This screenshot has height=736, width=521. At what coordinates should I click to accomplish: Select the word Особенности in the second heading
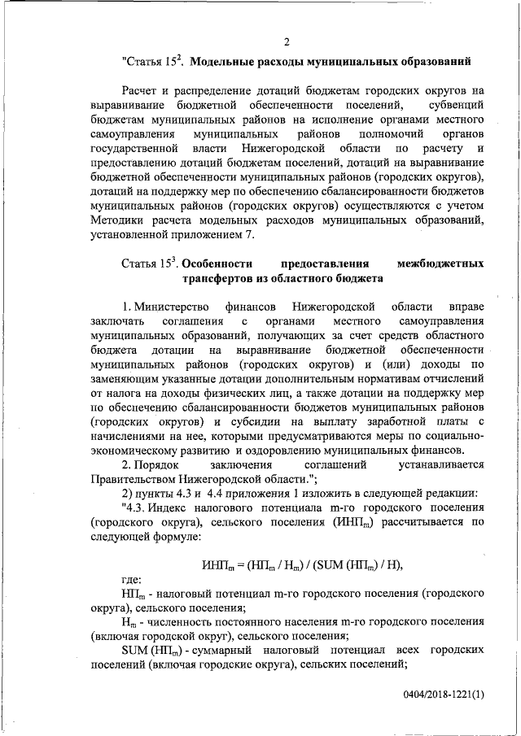click(x=216, y=263)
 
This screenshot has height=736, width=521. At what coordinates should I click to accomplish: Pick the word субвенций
click(x=454, y=106)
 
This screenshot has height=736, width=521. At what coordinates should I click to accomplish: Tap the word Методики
click(x=117, y=221)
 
